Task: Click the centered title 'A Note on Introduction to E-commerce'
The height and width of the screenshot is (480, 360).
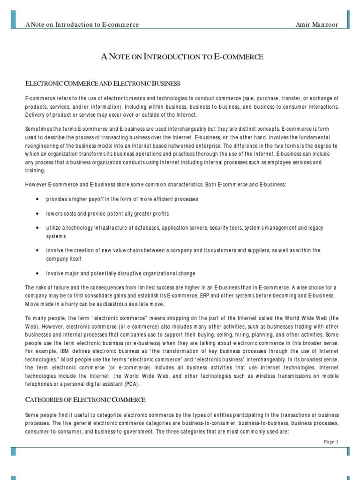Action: pos(183,57)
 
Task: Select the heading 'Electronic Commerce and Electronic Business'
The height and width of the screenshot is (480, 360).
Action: pos(103,83)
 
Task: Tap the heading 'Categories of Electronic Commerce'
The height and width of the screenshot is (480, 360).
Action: pos(85,400)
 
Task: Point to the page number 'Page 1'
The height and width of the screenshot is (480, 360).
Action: pos(330,442)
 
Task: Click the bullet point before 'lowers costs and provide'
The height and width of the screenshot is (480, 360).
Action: pos(37,213)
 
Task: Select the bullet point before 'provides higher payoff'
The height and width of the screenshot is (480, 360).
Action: pos(37,199)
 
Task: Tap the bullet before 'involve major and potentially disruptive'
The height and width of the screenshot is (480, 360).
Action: pos(37,273)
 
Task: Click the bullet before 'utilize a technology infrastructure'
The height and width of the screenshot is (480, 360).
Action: pos(37,228)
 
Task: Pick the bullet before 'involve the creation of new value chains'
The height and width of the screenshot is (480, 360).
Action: pos(37,251)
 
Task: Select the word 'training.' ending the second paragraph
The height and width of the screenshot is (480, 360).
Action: pos(35,171)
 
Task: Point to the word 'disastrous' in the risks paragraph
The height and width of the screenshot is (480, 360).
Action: pos(97,304)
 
